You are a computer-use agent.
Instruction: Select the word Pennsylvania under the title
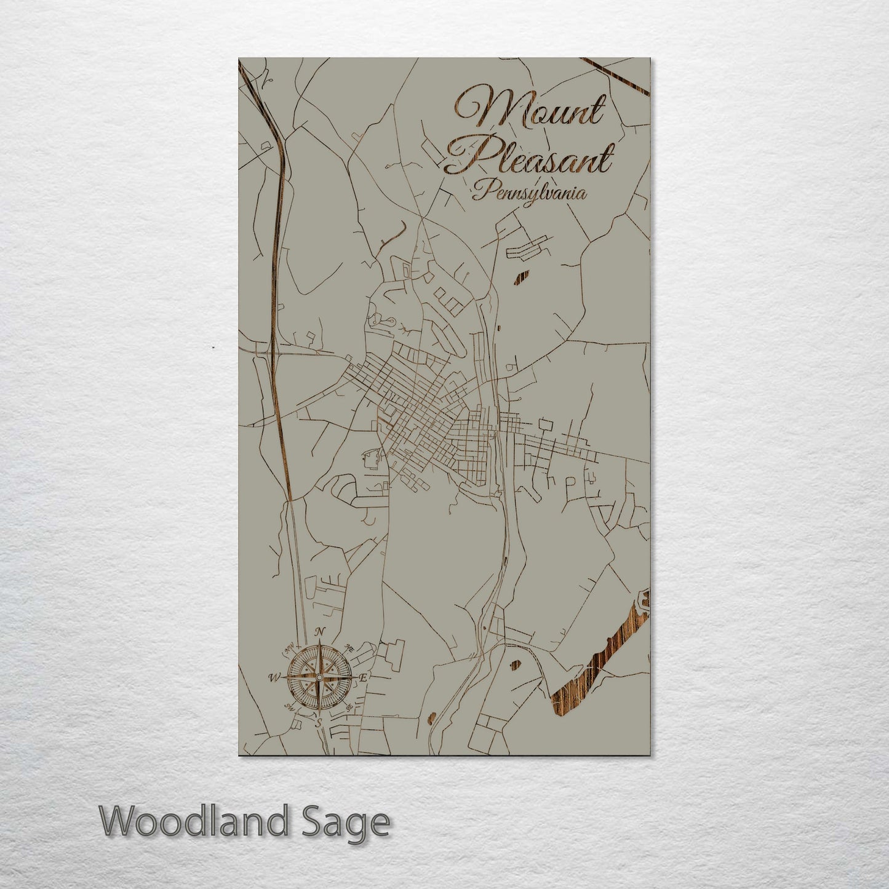(x=529, y=193)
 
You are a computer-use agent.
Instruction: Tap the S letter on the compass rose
(x=318, y=724)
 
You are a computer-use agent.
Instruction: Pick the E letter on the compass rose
(x=363, y=677)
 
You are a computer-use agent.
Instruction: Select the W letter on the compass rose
(x=272, y=678)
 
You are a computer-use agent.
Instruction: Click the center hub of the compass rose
(x=318, y=677)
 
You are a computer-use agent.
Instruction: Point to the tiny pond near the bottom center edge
(x=431, y=716)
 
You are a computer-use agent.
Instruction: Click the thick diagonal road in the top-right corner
(x=615, y=76)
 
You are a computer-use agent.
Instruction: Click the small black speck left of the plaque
(x=213, y=347)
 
